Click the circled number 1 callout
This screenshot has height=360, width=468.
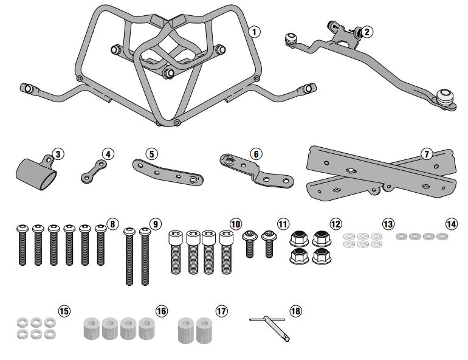pyautogui.click(x=255, y=30)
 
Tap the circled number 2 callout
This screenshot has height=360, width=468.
pyautogui.click(x=368, y=32)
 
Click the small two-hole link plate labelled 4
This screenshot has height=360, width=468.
pyautogui.click(x=95, y=170)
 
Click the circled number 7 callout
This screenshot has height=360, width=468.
pyautogui.click(x=427, y=154)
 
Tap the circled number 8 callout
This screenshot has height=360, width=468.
pyautogui.click(x=112, y=224)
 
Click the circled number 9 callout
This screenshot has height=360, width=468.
pyautogui.click(x=156, y=224)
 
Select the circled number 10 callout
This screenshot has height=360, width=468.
pyautogui.click(x=236, y=224)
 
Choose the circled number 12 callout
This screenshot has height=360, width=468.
pyautogui.click(x=336, y=224)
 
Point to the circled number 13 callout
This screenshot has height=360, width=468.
pyautogui.click(x=388, y=224)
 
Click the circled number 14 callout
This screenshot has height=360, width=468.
pyautogui.click(x=450, y=224)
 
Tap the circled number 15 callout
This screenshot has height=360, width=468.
pyautogui.click(x=64, y=311)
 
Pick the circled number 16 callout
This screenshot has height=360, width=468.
pyautogui.click(x=161, y=311)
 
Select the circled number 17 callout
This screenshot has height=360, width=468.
pyautogui.click(x=221, y=311)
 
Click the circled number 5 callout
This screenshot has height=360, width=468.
pyautogui.click(x=152, y=154)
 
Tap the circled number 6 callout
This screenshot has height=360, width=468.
pyautogui.click(x=256, y=154)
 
